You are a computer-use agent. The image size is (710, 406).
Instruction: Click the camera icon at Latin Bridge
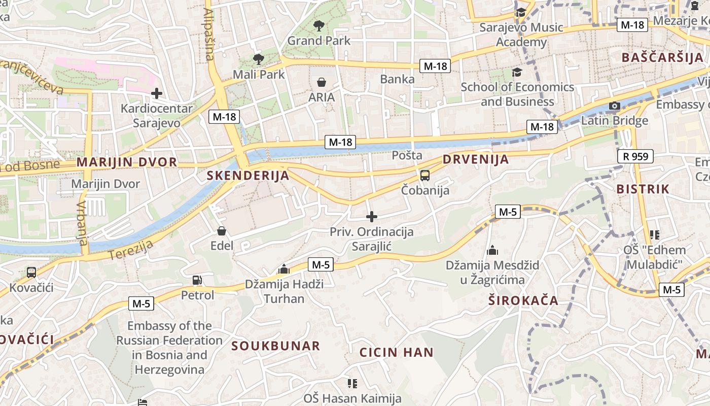click(614, 106)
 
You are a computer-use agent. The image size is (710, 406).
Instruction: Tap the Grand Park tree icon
click(319, 25)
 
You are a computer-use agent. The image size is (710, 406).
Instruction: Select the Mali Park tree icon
click(259, 59)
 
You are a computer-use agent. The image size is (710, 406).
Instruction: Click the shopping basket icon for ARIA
click(322, 82)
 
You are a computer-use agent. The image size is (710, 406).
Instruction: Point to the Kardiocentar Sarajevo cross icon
click(157, 93)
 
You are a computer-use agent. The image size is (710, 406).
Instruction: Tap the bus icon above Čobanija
click(425, 176)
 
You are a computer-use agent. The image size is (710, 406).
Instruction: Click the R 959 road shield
click(635, 156)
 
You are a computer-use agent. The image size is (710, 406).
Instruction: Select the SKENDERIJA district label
click(248, 176)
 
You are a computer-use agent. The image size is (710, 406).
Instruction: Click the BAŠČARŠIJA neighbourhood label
click(662, 57)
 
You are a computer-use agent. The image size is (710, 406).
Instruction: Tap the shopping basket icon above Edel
click(222, 231)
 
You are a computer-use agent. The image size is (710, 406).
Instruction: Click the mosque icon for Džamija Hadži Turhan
click(284, 269)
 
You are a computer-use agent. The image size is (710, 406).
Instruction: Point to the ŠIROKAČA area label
click(523, 300)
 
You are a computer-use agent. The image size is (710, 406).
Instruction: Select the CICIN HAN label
click(397, 352)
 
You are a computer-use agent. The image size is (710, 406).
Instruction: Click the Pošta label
click(407, 155)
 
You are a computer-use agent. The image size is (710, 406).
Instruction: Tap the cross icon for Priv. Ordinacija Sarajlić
click(372, 217)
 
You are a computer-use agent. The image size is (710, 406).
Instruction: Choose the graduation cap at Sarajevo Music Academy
click(521, 13)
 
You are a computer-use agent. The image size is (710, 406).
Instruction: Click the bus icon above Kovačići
click(31, 273)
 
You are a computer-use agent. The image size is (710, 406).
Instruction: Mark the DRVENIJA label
click(476, 159)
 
